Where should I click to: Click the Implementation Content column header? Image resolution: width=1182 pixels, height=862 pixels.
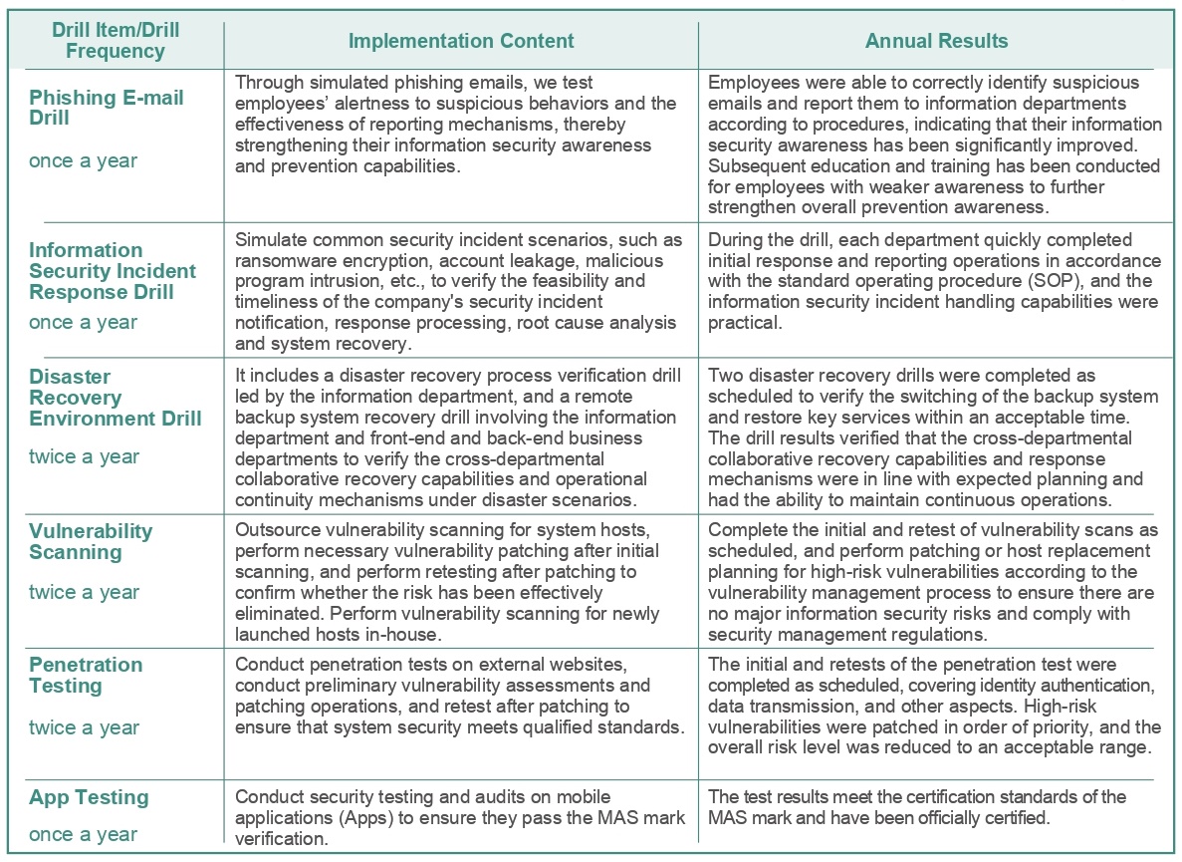pos(461,41)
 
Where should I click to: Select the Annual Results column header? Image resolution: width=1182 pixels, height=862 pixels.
pos(936,41)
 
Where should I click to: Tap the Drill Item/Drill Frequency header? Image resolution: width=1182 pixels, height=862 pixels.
pos(116,41)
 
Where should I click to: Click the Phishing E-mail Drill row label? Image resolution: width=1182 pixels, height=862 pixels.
pos(107,108)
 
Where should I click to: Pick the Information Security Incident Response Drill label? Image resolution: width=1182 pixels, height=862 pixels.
pos(113,271)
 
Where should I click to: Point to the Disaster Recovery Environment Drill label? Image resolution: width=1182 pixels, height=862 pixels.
pos(115,397)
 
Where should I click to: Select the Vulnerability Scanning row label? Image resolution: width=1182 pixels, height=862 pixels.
pos(91,541)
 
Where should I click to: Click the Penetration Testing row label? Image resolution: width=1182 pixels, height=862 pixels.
pos(86,675)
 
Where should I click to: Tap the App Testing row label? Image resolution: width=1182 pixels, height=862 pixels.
pos(89,797)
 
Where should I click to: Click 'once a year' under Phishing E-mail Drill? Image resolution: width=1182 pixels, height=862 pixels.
pos(83,160)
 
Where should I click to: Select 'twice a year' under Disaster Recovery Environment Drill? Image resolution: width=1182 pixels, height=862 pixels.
pos(84,456)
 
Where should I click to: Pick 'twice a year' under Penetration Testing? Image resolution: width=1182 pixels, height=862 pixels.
pos(84,727)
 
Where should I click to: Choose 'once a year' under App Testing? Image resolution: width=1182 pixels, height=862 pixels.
pos(83,834)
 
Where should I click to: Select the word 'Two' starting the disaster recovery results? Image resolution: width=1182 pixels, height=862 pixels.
pos(725,376)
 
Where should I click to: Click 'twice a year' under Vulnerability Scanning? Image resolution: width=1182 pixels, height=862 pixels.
pos(84,592)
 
